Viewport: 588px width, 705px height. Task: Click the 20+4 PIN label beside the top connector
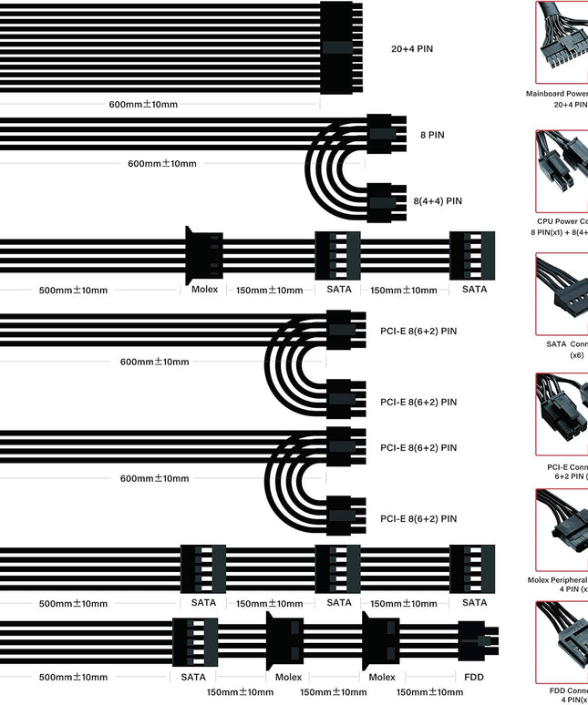(411, 47)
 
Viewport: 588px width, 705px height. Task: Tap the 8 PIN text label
(432, 135)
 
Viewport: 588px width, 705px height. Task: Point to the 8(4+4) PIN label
(436, 201)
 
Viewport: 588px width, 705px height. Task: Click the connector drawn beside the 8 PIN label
(386, 135)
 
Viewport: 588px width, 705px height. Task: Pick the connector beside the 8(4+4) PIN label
(386, 201)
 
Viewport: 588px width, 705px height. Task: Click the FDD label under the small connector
(474, 677)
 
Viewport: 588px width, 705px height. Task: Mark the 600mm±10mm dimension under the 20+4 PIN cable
(144, 104)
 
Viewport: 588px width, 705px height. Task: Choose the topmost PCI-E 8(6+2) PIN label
(418, 331)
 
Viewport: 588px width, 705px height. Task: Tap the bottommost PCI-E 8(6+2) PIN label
(418, 518)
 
